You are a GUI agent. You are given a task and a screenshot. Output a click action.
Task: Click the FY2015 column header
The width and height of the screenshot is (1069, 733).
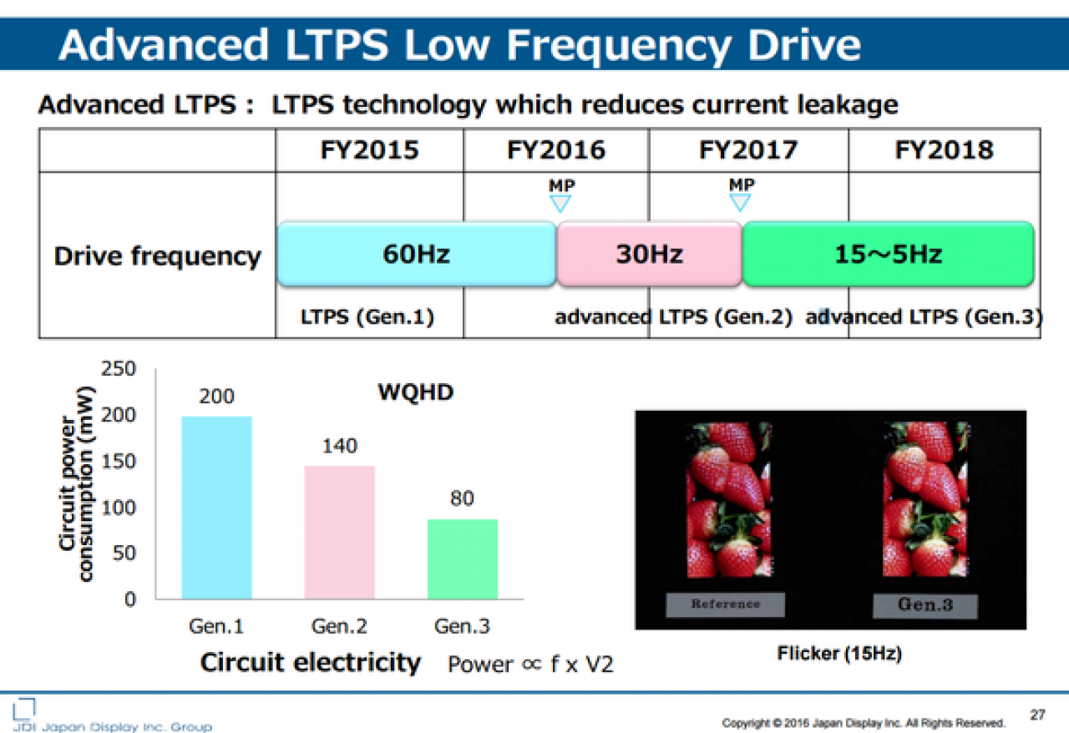(x=369, y=149)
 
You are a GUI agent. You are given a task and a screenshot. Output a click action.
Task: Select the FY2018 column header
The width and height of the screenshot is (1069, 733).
(x=944, y=149)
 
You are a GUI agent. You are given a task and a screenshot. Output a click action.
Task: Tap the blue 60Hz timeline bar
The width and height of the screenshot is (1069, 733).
(x=417, y=254)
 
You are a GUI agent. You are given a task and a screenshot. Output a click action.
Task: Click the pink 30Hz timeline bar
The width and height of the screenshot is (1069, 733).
(x=650, y=254)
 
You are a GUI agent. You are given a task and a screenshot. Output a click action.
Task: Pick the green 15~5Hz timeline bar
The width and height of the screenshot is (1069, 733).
(x=888, y=254)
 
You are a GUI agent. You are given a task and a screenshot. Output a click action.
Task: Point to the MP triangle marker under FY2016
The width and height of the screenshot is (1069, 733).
(x=560, y=204)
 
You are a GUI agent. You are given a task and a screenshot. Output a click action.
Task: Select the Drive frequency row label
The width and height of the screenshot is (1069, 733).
(x=158, y=257)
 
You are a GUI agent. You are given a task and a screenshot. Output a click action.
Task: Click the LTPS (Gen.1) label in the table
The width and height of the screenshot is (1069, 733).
(x=367, y=317)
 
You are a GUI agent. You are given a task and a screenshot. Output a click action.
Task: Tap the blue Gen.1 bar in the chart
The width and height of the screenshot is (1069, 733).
(x=217, y=508)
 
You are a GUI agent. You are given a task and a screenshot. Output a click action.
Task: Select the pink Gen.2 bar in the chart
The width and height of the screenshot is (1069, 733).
(x=340, y=532)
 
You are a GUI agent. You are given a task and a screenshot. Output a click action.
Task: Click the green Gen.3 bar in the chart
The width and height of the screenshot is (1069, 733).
(x=463, y=559)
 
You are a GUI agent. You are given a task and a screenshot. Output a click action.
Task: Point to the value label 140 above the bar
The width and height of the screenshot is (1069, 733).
(x=340, y=446)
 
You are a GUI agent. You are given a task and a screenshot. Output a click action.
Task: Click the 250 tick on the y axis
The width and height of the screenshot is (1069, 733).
(x=119, y=368)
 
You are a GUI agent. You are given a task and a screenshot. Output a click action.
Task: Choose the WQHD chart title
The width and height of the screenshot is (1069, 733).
(x=416, y=392)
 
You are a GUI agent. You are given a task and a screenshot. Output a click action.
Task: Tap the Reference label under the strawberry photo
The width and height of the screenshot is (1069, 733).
(x=726, y=604)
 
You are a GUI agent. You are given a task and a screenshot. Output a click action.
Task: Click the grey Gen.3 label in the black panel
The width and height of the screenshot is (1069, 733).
(x=925, y=605)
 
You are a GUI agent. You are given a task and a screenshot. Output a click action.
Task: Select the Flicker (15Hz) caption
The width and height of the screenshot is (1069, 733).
(x=839, y=654)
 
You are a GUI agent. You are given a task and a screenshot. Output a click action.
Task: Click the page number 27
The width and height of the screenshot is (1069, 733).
(x=1037, y=715)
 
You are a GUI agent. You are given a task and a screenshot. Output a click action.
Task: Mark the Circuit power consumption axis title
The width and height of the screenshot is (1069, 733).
(x=76, y=484)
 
